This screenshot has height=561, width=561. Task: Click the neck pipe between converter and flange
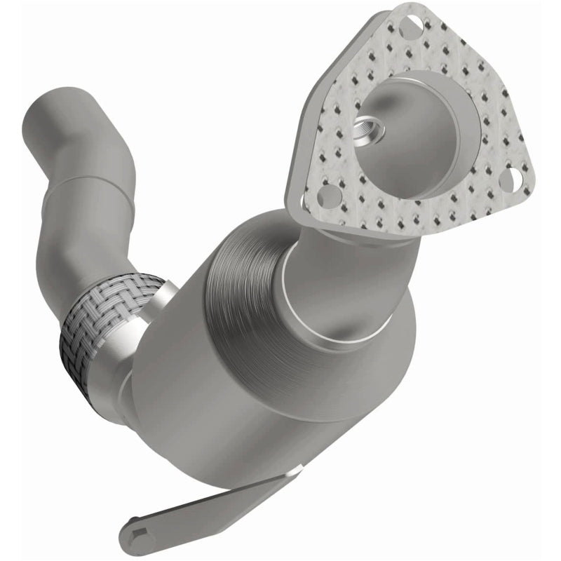[x=330, y=252]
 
